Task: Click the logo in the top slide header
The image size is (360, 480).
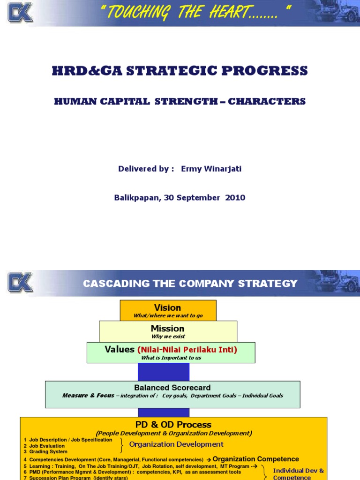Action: pyautogui.click(x=20, y=13)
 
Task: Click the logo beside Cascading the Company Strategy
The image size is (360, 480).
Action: pyautogui.click(x=20, y=283)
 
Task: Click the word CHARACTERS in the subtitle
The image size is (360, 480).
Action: pyautogui.click(x=267, y=101)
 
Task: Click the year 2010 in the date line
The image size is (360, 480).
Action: pyautogui.click(x=235, y=198)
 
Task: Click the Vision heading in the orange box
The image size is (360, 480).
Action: pyautogui.click(x=167, y=307)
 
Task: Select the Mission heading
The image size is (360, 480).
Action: pyautogui.click(x=167, y=328)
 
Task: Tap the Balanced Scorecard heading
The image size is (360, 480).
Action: pyautogui.click(x=172, y=388)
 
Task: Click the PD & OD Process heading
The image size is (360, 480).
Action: pyautogui.click(x=173, y=425)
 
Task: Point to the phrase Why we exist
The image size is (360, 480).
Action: pyautogui.click(x=168, y=337)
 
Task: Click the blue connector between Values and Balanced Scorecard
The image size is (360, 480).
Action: pyautogui.click(x=163, y=372)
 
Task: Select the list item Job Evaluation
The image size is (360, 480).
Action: pyautogui.click(x=47, y=446)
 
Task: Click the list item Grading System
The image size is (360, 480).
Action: pyautogui.click(x=48, y=452)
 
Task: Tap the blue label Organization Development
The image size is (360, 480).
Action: pyautogui.click(x=176, y=444)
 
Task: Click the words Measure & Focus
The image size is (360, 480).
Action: pyautogui.click(x=88, y=396)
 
